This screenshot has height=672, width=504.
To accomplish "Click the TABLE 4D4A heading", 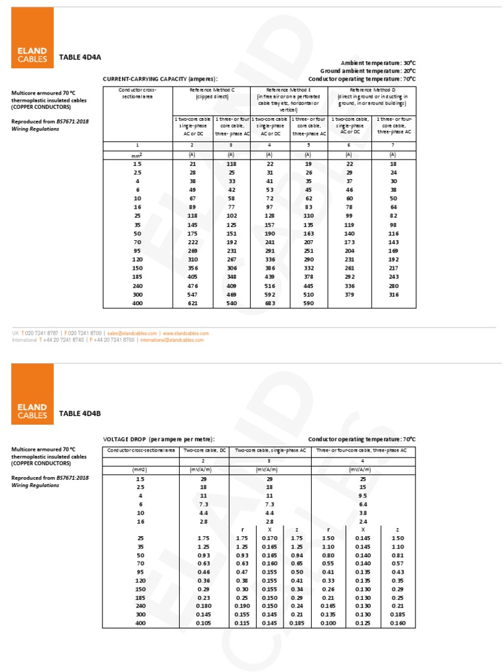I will tap(80, 57).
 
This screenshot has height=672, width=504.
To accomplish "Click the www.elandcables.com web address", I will tap(186, 333).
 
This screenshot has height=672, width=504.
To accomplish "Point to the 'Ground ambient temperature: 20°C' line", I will tap(367, 70).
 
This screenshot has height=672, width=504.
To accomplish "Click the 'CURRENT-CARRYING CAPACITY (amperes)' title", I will tap(160, 79).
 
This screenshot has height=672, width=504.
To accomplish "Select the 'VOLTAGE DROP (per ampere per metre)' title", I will tap(159, 439).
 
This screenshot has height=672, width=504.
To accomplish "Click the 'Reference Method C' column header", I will tap(211, 93).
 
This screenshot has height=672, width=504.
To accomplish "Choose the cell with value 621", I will tap(192, 304).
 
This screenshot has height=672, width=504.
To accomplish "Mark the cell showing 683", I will tap(270, 304).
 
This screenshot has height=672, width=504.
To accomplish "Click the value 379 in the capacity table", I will tap(349, 295).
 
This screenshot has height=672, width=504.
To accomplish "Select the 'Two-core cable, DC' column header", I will tap(204, 450).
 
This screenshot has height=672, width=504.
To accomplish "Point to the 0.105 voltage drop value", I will tap(204, 622).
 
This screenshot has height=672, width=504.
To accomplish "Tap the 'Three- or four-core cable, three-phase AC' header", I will tap(361, 450).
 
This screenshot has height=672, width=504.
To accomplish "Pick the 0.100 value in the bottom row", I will tap(328, 622).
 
